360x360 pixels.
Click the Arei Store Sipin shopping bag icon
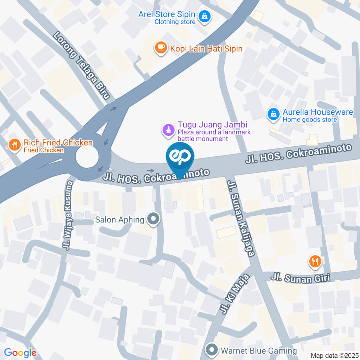pos(205,16)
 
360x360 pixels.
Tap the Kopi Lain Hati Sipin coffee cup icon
pos(161,48)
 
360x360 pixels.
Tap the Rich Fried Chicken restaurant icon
pos(14,145)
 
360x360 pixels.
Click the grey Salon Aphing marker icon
pos(153,219)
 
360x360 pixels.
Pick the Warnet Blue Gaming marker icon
pos(212,351)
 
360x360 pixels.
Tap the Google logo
pos(20,352)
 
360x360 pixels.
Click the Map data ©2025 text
pos(335,355)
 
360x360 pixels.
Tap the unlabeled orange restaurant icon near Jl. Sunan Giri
pos(315,261)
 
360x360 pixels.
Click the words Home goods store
pos(310,120)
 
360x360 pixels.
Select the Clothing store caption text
pos(175,22)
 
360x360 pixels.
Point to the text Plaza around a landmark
pos(214,132)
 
